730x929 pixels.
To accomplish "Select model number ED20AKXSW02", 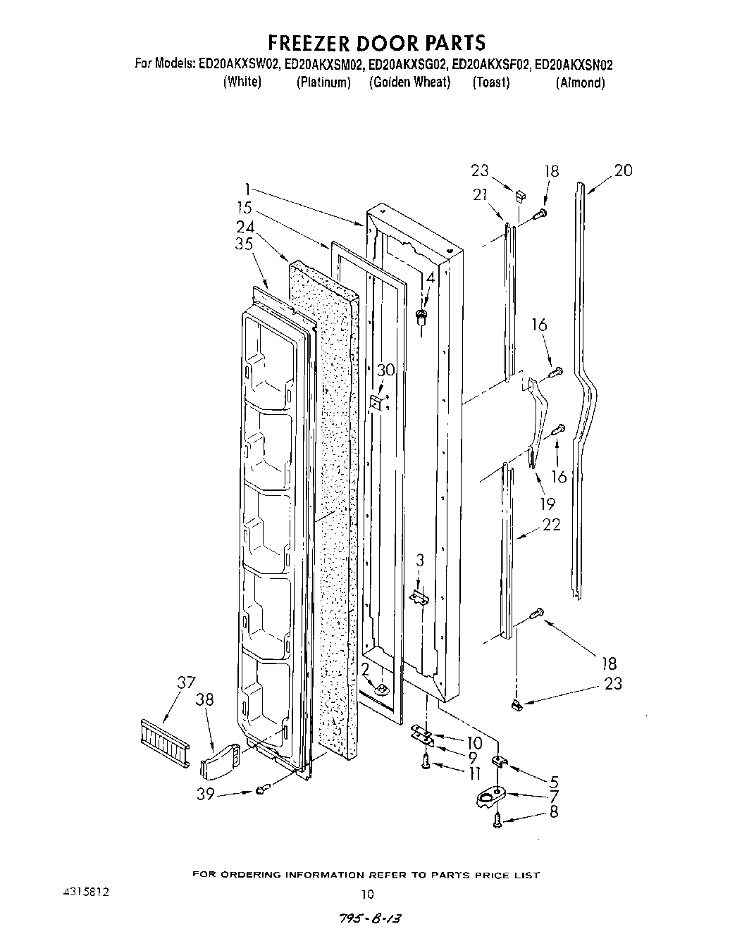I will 239,65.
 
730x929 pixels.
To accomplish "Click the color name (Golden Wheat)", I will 409,82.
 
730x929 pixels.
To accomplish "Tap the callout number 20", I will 623,170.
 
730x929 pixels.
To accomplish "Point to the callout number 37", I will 186,682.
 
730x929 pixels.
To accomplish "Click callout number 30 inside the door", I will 386,370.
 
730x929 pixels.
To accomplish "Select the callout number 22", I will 551,525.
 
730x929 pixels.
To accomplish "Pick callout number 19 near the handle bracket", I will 547,503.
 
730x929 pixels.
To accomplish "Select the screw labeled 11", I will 426,761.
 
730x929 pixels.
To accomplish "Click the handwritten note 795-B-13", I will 374,920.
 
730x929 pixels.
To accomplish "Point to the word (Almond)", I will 580,82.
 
